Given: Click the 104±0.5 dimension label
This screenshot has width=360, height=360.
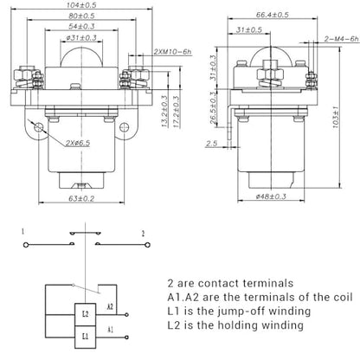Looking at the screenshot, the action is [x=81, y=5].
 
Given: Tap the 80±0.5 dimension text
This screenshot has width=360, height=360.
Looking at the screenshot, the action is [x=81, y=16].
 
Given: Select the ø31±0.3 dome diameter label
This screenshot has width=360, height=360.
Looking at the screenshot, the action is [x=81, y=37].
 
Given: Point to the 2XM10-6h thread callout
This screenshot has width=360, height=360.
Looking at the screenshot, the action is [x=172, y=52].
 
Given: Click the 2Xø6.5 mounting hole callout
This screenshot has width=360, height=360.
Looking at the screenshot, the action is [x=78, y=143].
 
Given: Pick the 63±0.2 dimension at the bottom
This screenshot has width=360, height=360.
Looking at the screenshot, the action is [x=81, y=198].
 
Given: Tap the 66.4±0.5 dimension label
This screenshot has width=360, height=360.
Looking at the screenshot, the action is [x=272, y=15].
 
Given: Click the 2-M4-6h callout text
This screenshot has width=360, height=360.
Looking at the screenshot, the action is [x=342, y=39].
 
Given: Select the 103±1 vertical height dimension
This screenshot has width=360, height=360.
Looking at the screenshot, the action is [x=336, y=118].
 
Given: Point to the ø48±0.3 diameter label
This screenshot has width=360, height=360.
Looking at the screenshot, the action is [x=271, y=196].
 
